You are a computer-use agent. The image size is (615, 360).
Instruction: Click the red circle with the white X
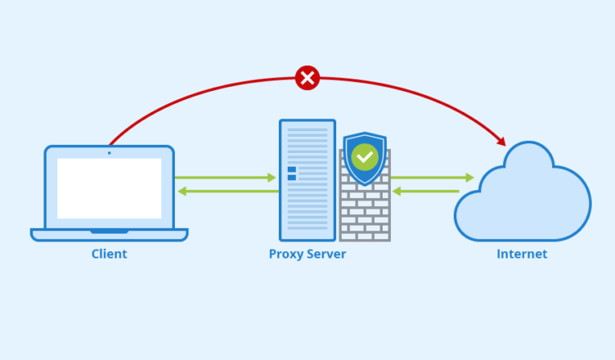tap(307, 78)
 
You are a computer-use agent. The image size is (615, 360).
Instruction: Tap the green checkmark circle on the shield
tap(365, 157)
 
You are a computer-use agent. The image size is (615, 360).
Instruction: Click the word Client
tap(110, 254)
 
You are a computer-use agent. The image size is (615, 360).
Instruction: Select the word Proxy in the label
tap(285, 254)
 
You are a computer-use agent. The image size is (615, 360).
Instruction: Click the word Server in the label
tap(326, 254)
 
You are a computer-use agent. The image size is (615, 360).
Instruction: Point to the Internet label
tap(522, 254)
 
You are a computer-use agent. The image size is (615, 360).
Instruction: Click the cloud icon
tap(523, 191)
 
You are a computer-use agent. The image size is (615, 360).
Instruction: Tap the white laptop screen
tap(110, 188)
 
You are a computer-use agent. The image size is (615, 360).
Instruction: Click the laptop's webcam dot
tap(110, 153)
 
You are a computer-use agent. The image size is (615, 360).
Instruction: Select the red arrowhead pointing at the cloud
tap(501, 141)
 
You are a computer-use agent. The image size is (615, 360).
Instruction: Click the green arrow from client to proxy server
tap(226, 178)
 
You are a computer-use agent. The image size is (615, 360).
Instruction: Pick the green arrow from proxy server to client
tap(228, 191)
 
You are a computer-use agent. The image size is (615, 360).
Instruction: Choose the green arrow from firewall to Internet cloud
tap(433, 178)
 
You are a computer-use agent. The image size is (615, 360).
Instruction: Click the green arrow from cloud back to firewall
tap(425, 191)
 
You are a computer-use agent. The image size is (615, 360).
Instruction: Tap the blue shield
tap(365, 158)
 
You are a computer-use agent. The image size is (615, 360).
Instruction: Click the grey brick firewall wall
tap(365, 212)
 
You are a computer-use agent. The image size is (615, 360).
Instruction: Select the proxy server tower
tap(307, 180)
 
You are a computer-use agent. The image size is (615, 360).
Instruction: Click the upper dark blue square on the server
tap(292, 169)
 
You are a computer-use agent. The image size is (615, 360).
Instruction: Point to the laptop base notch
tap(110, 232)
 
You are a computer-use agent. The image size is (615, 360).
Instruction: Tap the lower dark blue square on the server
tap(292, 178)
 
